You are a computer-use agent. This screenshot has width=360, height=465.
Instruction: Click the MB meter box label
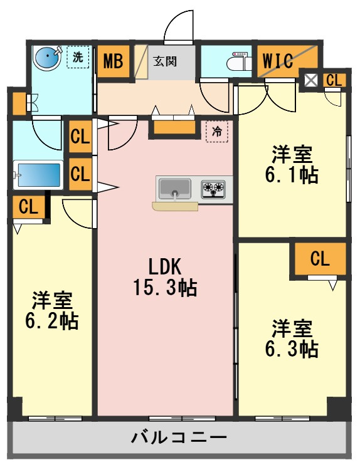[x=113, y=61]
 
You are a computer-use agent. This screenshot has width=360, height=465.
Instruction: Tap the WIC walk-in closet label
[x=278, y=61]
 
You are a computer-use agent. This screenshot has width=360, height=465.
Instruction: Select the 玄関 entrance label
[x=165, y=61]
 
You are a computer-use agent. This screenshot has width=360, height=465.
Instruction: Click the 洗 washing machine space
[x=78, y=57]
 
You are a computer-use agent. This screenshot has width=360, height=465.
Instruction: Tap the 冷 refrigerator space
[x=217, y=132]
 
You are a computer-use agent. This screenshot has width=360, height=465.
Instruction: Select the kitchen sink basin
[x=174, y=189]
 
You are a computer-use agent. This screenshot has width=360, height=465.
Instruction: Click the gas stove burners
[x=213, y=189]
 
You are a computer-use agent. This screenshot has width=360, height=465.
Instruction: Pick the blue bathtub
[x=38, y=175]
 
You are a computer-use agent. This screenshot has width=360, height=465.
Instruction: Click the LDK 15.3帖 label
[x=165, y=277]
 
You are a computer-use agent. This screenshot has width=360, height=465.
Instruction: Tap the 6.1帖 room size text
[x=292, y=175]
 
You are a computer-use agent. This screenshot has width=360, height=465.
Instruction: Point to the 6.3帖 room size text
[x=292, y=348]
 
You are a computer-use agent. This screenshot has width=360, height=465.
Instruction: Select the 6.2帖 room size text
[x=52, y=321]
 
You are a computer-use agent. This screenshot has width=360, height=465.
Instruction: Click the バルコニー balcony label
[x=179, y=437]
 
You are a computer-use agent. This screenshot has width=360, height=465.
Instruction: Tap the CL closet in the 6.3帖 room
[x=320, y=259]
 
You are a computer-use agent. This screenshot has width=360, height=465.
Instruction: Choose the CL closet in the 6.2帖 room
[x=28, y=207]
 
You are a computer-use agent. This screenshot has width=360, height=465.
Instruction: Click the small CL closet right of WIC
[x=334, y=80]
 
